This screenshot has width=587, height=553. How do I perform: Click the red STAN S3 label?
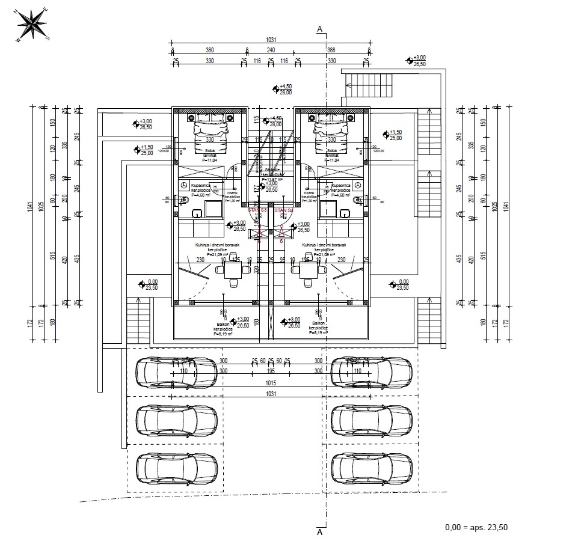tap(257, 210)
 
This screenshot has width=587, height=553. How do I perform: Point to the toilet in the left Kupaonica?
tap(185, 200)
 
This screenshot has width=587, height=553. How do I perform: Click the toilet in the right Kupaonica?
tap(357, 200)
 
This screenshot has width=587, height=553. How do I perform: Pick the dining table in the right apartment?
tap(308, 273)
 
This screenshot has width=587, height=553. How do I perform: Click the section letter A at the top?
tap(320, 28)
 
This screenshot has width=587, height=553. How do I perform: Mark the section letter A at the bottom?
tap(320, 532)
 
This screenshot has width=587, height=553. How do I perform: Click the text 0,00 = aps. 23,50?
tap(476, 527)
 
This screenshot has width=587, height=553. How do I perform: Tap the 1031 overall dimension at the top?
tap(271, 41)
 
